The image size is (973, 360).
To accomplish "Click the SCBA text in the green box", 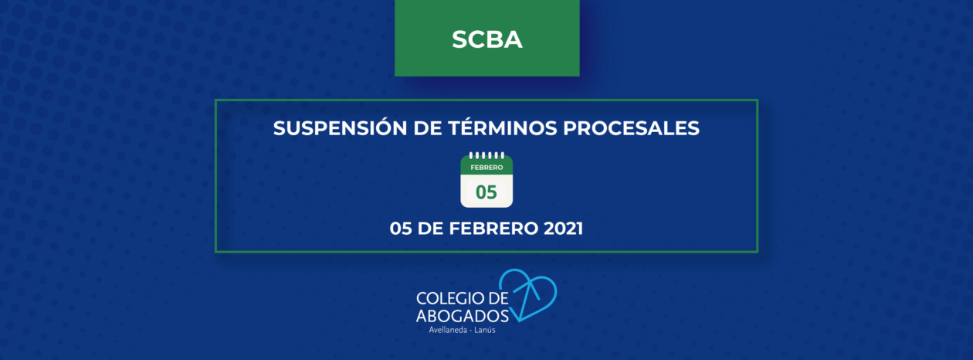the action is click(487, 39).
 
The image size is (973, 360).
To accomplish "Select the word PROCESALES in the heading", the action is click(631, 127).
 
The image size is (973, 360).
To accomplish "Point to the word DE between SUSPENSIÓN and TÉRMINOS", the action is click(428, 127).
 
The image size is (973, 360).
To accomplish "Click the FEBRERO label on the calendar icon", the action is click(486, 168).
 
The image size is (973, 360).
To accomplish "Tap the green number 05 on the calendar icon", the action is click(486, 192).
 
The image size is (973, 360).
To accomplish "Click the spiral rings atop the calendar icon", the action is click(486, 155).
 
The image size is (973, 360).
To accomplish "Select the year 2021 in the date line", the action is click(564, 228).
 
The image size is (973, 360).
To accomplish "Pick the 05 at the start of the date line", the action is click(401, 228).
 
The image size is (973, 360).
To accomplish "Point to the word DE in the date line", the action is click(430, 228).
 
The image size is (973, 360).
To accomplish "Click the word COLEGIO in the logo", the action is click(450, 298).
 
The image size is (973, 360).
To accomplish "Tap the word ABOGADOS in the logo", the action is click(462, 316).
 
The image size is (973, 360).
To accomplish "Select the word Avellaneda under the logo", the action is click(448, 330).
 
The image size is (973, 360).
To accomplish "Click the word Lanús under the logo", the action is click(485, 330).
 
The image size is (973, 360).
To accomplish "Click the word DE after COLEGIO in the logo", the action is click(499, 298).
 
